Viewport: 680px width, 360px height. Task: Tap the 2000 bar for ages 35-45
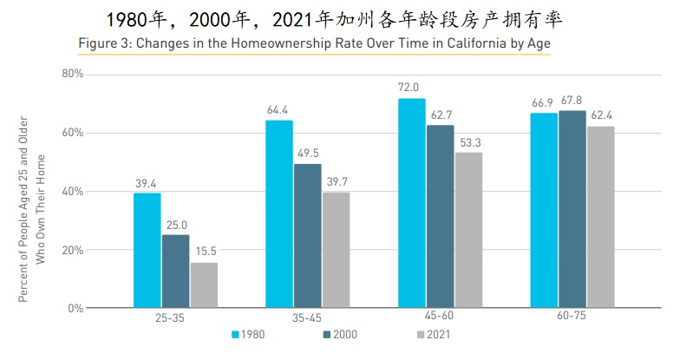click(x=307, y=235)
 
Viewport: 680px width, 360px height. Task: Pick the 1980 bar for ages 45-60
click(x=411, y=203)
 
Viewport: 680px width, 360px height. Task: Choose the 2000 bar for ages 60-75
click(x=572, y=209)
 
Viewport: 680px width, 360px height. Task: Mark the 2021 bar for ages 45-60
click(x=468, y=230)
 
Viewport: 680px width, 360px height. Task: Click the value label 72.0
click(x=409, y=88)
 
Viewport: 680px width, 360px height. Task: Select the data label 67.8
click(x=572, y=100)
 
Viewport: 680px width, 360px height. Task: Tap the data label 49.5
click(x=307, y=153)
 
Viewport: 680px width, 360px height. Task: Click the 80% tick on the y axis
click(x=72, y=75)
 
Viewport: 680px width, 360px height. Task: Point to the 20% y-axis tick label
click(x=72, y=250)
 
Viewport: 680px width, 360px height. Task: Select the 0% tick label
click(x=75, y=308)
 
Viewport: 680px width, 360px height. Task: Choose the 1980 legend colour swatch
click(x=234, y=334)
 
